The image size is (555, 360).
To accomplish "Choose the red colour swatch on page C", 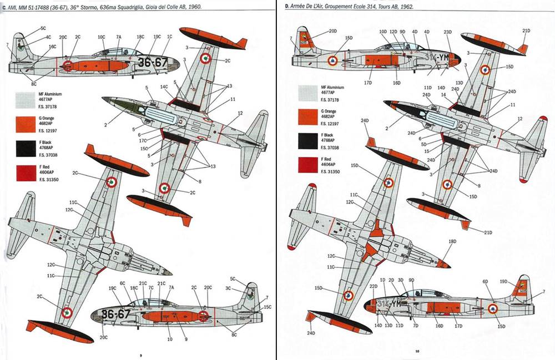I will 22,173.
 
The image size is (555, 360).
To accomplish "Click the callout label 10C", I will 102,37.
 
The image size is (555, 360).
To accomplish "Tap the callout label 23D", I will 448,32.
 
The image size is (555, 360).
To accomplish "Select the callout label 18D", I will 452,241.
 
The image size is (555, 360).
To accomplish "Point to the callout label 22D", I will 374,286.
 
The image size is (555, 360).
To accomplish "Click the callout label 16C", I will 52,47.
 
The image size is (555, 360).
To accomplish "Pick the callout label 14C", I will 164,87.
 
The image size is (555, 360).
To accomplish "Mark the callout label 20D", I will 332,31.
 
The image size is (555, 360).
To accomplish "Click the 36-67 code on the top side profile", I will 152,62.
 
